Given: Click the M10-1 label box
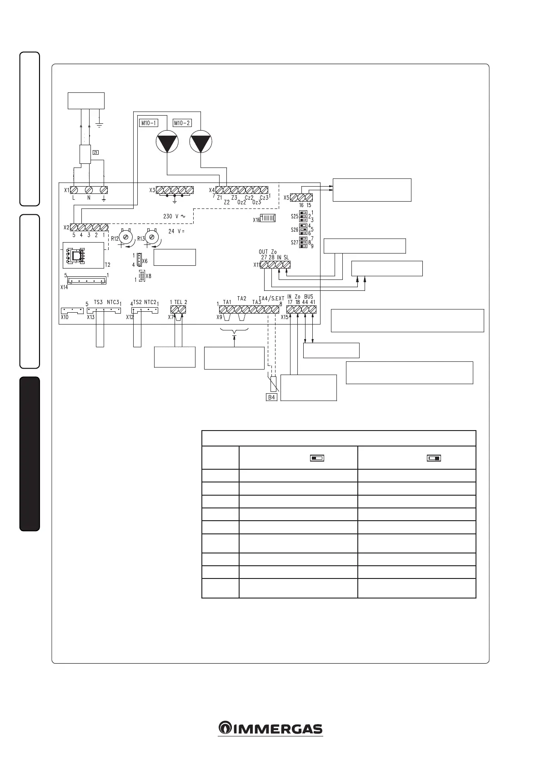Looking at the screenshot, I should click(x=148, y=123).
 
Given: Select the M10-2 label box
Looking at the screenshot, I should click(x=182, y=123).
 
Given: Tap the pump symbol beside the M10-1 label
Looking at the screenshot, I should click(x=167, y=142).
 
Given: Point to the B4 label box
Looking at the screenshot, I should click(x=271, y=397).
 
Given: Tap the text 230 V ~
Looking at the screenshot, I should click(x=174, y=216).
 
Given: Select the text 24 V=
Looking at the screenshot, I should click(x=178, y=231).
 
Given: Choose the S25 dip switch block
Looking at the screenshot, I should click(x=303, y=216).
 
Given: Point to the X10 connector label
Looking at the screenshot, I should click(x=65, y=317).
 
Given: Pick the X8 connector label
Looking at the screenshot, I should click(x=149, y=276).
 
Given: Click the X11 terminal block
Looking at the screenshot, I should click(x=275, y=264).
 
